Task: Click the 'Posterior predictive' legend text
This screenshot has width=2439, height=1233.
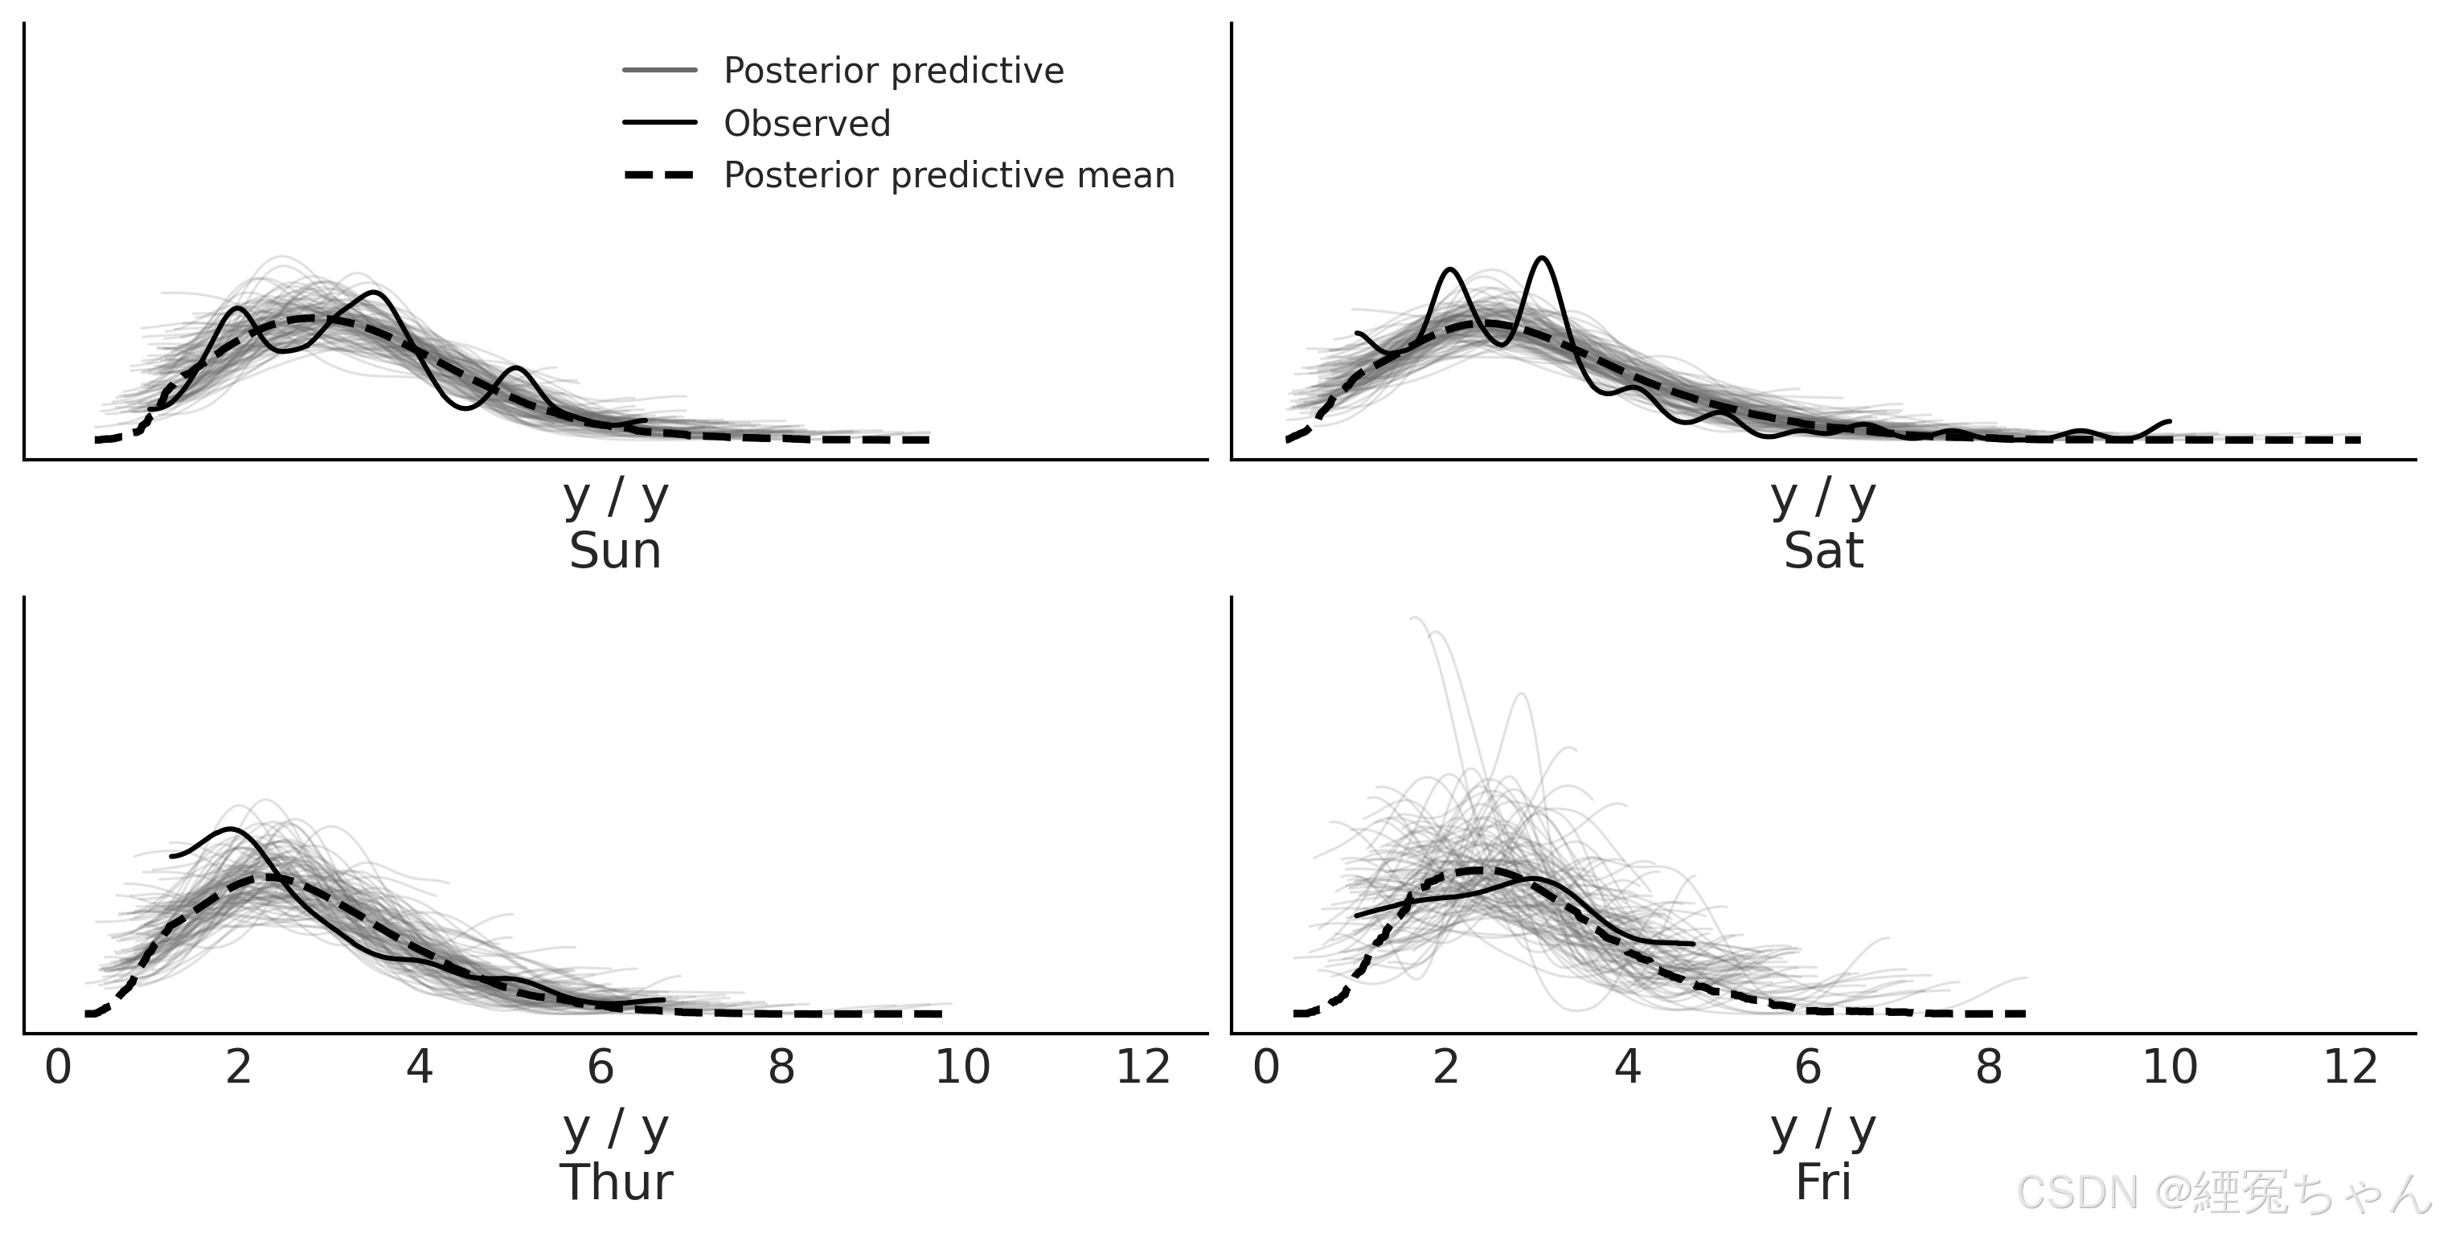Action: [893, 71]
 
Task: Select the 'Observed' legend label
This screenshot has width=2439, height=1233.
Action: [806, 124]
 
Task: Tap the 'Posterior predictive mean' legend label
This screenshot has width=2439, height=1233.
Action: [949, 176]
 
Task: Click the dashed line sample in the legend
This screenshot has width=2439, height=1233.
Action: [660, 175]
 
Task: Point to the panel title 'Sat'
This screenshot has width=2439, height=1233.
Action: [1822, 551]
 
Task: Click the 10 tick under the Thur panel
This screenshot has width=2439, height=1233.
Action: [962, 1067]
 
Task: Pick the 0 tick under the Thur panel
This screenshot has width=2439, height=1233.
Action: [58, 1067]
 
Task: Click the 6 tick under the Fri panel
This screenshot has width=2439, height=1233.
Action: [1807, 1067]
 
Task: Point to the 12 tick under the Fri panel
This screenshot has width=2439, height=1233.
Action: [2350, 1067]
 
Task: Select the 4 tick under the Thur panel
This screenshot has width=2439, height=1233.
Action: [420, 1067]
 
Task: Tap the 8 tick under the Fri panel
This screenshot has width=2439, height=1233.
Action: [1988, 1067]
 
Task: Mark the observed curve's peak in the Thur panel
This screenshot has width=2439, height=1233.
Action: [230, 830]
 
